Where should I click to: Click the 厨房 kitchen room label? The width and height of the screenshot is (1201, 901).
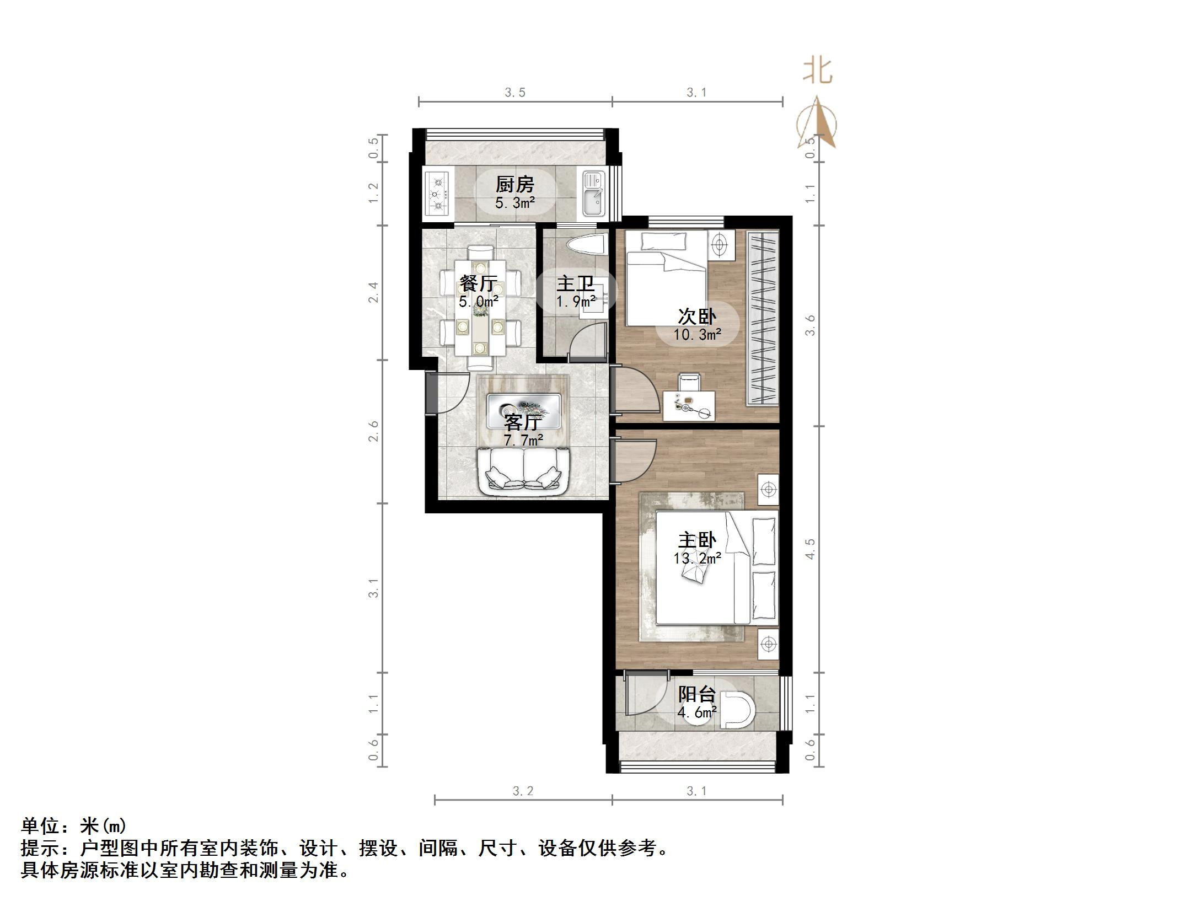pyautogui.click(x=515, y=184)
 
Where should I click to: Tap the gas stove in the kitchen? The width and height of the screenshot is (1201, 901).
pyautogui.click(x=439, y=194)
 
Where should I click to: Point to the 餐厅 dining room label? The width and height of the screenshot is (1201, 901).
pyautogui.click(x=478, y=284)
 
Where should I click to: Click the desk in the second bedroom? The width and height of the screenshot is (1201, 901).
pyautogui.click(x=689, y=405)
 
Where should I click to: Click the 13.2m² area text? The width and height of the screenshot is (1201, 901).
pyautogui.click(x=697, y=559)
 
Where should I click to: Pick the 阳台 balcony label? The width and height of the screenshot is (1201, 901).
pyautogui.click(x=697, y=694)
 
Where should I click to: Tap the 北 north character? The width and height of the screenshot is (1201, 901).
pyautogui.click(x=817, y=72)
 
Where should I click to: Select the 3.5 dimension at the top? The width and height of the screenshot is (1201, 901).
pyautogui.click(x=514, y=93)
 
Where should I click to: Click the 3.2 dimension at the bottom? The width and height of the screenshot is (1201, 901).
pyautogui.click(x=523, y=791)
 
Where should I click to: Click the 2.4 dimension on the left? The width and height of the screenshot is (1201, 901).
pyautogui.click(x=374, y=292)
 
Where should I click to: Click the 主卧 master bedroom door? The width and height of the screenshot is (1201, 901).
pyautogui.click(x=634, y=461)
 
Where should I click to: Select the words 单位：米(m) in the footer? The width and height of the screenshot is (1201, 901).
pyautogui.click(x=74, y=825)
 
